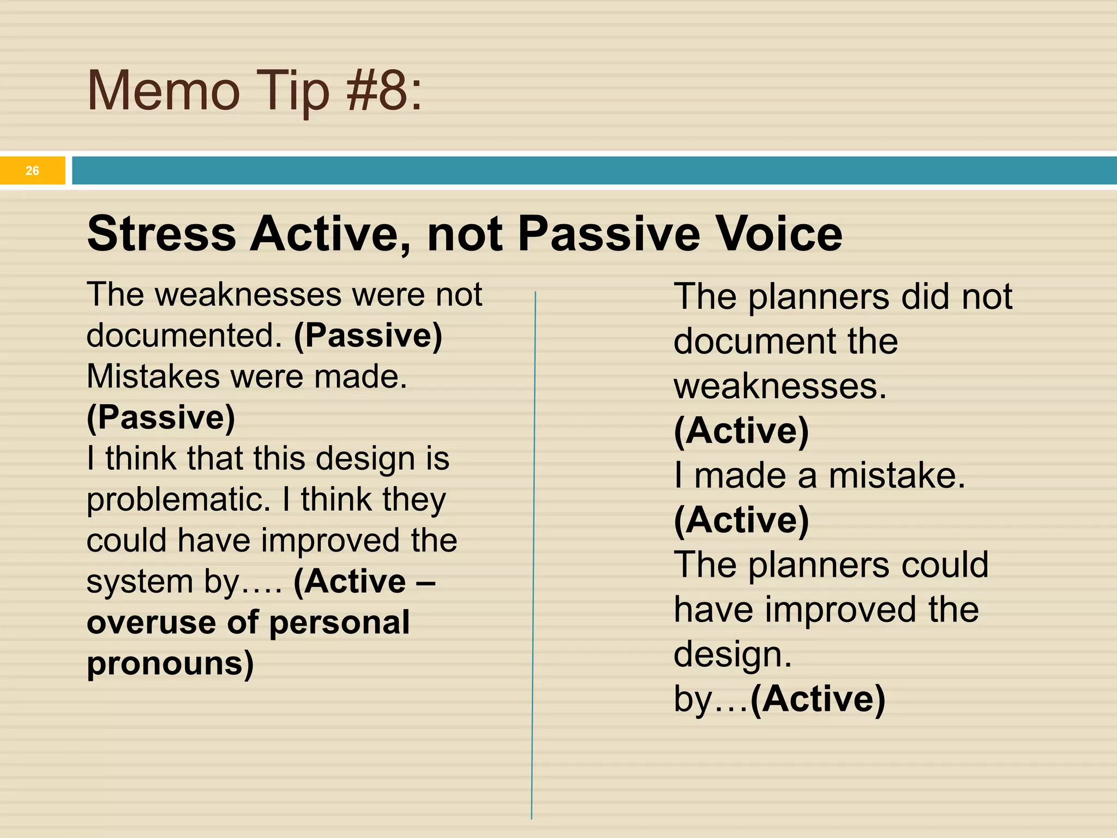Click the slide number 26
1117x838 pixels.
[32, 171]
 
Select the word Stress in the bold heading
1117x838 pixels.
[161, 234]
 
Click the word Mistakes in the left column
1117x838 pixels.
[153, 376]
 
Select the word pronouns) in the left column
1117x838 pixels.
[170, 663]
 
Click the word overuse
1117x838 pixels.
[151, 622]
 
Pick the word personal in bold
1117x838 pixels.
[339, 622]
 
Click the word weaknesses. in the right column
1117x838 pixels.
[780, 386]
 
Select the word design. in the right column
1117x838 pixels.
[732, 654]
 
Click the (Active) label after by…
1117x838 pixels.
[818, 699]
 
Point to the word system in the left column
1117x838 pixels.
[140, 582]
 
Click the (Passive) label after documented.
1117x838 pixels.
[368, 335]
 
